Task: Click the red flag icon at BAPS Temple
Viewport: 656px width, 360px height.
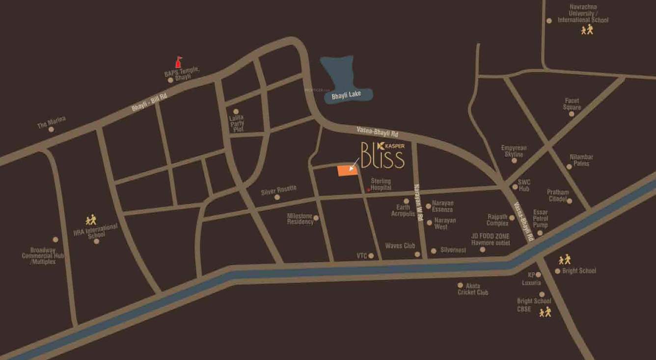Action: tap(178, 62)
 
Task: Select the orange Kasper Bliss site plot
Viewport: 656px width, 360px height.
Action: tap(347, 170)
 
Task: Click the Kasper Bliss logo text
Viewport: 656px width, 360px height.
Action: tap(383, 155)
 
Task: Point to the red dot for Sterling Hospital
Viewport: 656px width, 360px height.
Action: tap(368, 189)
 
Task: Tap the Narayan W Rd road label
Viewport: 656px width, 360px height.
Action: tap(418, 202)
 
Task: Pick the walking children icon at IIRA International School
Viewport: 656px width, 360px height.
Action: tap(91, 220)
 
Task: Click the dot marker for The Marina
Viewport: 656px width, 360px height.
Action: tap(51, 130)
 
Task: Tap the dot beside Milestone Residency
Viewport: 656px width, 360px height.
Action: tap(316, 218)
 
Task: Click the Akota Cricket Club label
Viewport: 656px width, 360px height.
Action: tap(473, 289)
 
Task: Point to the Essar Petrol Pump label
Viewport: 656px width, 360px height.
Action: tap(540, 219)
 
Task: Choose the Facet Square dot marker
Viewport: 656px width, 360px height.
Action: tap(571, 114)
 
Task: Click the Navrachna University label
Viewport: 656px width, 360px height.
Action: tap(583, 17)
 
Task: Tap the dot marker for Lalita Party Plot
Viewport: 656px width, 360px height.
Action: tap(236, 111)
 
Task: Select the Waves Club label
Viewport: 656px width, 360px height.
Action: tap(400, 246)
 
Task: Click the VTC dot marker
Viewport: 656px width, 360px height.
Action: tap(371, 256)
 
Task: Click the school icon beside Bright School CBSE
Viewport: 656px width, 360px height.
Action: tap(545, 312)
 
